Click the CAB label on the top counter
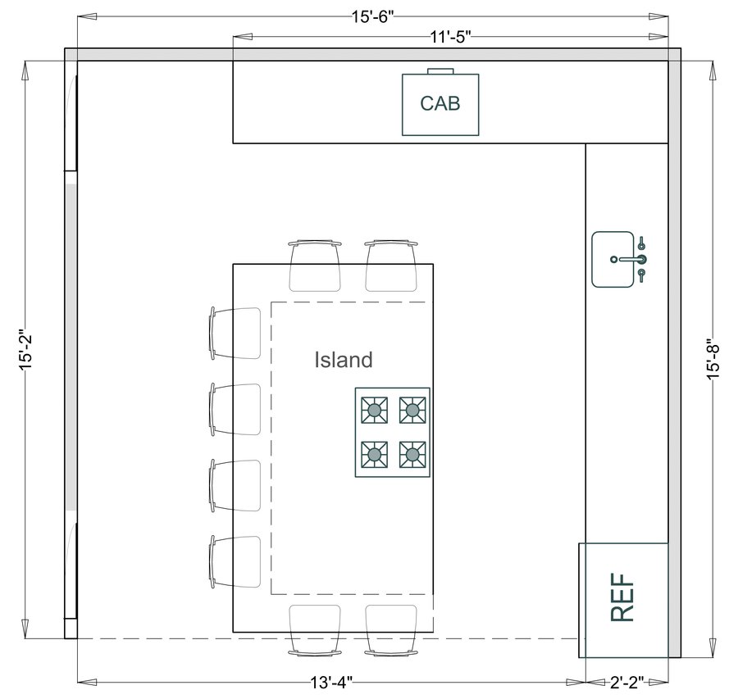440,104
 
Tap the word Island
344,359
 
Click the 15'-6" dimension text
373,16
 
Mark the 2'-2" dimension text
626,682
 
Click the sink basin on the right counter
613,259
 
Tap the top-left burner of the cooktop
376,409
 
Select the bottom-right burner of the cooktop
412,452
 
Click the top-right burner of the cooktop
412,409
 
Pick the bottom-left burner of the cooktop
376,452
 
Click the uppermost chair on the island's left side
235,333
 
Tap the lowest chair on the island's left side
235,561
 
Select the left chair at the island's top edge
315,266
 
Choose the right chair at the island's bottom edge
391,629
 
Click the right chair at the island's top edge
391,266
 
